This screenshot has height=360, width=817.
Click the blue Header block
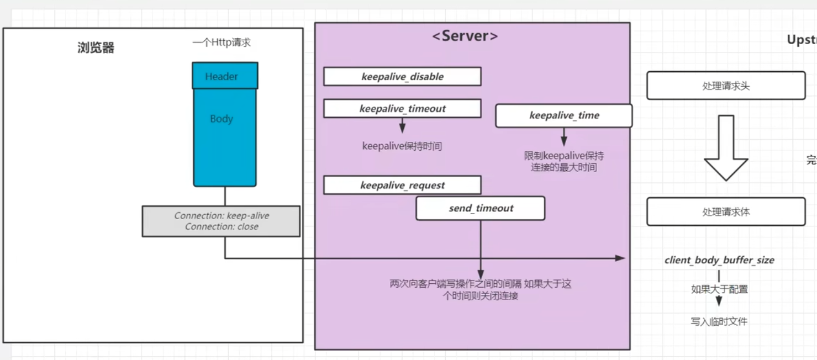(x=225, y=76)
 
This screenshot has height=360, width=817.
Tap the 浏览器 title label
(x=96, y=48)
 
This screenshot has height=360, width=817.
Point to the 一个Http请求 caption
(x=222, y=43)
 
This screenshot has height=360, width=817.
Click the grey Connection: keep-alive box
(x=221, y=221)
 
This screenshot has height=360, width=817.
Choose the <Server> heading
(x=465, y=36)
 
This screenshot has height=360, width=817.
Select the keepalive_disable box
(x=402, y=77)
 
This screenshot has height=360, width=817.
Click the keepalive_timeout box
(x=402, y=109)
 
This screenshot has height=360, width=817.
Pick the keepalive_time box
(x=563, y=115)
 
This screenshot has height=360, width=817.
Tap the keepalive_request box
(x=402, y=186)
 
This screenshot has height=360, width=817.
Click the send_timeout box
(x=480, y=208)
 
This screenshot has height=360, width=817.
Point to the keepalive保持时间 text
(x=402, y=146)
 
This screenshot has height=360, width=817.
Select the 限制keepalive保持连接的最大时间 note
(x=564, y=161)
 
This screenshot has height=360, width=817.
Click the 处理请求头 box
(x=726, y=86)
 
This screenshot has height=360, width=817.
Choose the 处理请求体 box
(x=726, y=212)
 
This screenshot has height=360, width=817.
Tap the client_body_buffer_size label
(x=719, y=260)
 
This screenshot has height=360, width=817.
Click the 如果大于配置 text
(x=719, y=289)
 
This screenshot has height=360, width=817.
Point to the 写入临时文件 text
(x=719, y=321)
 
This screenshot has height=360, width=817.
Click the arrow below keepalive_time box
(x=564, y=136)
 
